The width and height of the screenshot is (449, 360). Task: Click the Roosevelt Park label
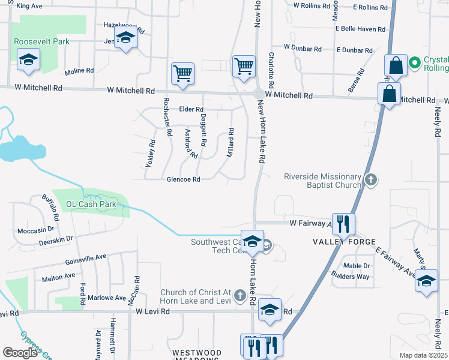tap(42, 41)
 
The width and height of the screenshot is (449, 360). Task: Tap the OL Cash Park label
tap(90, 204)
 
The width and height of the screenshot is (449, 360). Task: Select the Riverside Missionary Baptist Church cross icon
tap(372, 179)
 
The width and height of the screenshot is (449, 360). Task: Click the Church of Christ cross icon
tap(240, 295)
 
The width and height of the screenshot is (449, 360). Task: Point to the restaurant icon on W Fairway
tap(343, 223)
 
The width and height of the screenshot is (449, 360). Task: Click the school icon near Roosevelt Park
tap(27, 60)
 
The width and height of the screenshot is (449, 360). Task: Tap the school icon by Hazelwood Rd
tap(125, 38)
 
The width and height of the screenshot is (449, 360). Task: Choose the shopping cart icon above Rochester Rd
tap(183, 73)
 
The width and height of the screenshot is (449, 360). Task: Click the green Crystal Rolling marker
tap(414, 62)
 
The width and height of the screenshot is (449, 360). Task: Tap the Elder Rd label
tap(191, 109)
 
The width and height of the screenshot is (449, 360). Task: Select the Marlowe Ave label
tap(108, 298)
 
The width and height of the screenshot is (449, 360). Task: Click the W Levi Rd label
tap(154, 311)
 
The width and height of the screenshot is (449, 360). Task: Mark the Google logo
tap(20, 353)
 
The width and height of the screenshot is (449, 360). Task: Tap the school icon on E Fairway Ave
tap(426, 280)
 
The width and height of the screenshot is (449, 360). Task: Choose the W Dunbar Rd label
tap(303, 47)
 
